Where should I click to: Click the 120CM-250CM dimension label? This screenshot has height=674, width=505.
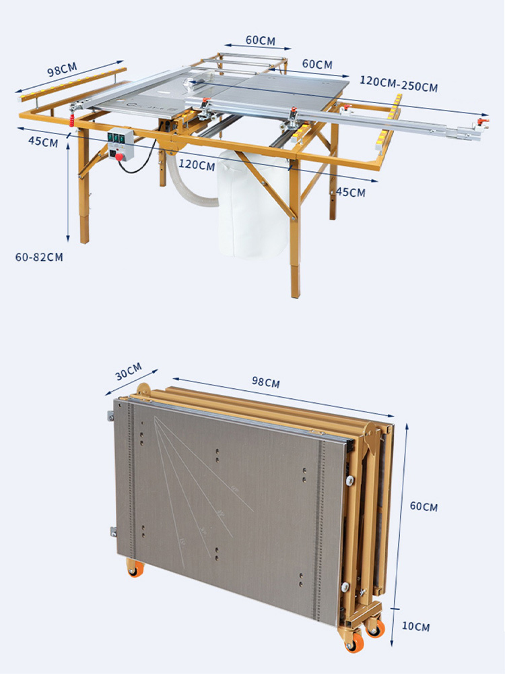click(399, 86)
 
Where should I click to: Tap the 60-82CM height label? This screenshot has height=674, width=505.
click(39, 257)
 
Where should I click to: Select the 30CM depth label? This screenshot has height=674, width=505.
click(129, 370)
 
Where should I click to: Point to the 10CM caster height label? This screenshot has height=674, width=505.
click(416, 627)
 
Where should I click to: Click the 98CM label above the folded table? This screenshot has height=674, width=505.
click(266, 383)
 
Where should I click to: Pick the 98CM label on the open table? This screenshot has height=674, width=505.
click(62, 71)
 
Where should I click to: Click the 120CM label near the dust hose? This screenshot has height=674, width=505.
click(197, 165)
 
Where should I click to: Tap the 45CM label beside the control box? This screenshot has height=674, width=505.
click(42, 142)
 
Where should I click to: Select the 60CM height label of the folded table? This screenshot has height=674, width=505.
click(424, 506)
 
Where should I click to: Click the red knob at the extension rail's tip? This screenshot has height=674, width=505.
click(479, 121)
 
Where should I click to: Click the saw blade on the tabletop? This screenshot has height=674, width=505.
click(190, 86)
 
